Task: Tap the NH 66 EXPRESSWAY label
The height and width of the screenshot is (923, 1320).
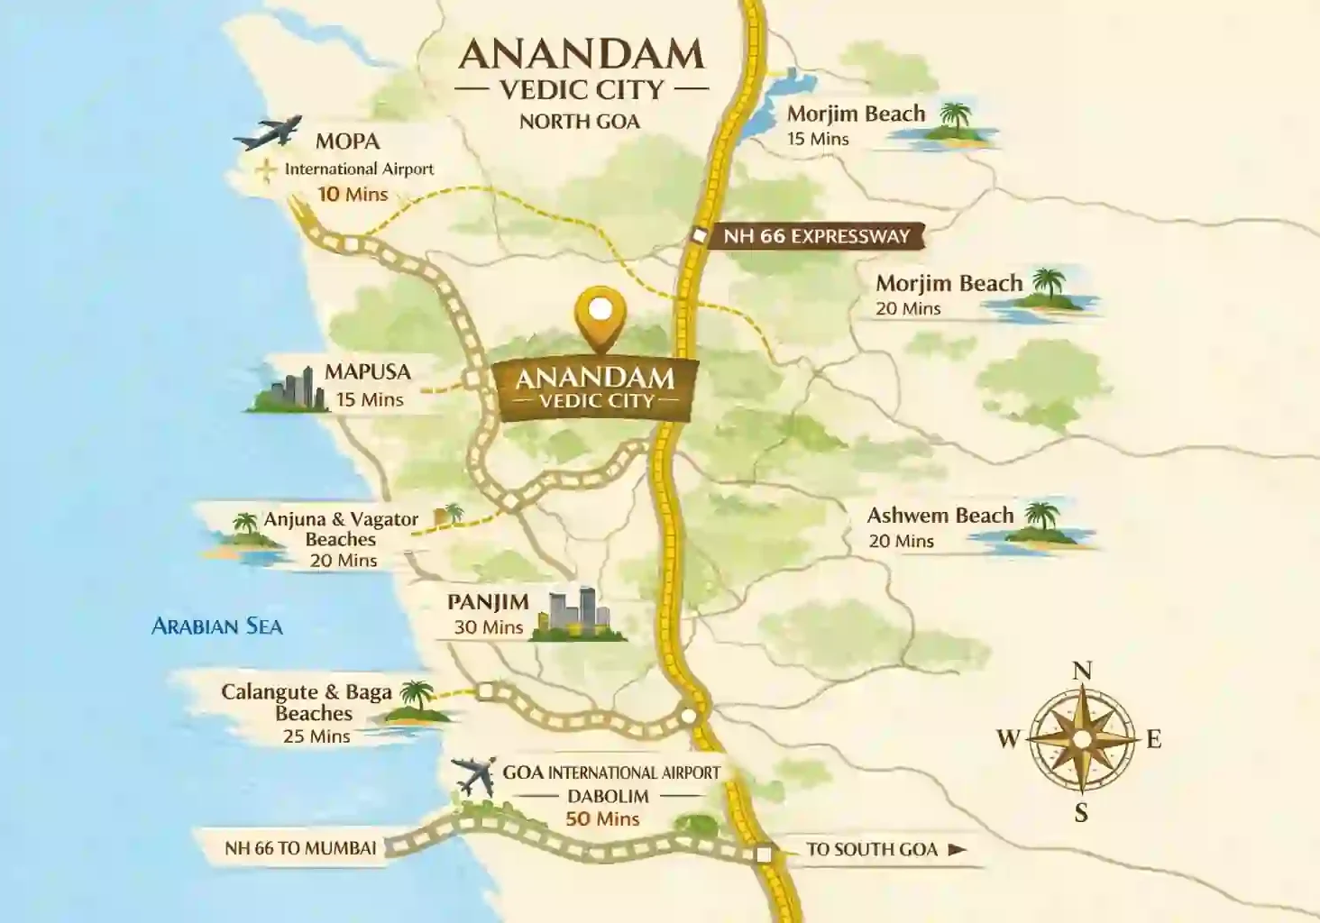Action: click(x=816, y=237)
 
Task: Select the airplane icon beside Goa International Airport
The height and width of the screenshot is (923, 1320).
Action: click(x=474, y=775)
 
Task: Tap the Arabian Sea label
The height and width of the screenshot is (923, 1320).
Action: click(x=216, y=626)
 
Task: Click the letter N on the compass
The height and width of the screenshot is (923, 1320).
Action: click(x=1082, y=670)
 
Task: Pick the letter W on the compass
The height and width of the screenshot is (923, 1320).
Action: click(x=1007, y=739)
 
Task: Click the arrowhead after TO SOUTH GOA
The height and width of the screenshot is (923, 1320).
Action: click(x=957, y=849)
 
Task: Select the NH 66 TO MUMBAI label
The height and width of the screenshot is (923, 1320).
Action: click(x=300, y=848)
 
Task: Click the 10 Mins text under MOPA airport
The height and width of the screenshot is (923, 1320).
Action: click(x=353, y=194)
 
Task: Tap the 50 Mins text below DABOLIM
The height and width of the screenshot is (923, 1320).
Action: click(x=602, y=818)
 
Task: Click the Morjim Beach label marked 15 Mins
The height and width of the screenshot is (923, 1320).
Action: click(x=856, y=114)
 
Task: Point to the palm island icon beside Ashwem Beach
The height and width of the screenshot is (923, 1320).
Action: click(x=1042, y=525)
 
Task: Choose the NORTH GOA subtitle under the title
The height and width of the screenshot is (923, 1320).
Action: click(x=580, y=122)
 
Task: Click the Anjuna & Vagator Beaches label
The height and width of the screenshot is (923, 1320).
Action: click(x=341, y=529)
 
